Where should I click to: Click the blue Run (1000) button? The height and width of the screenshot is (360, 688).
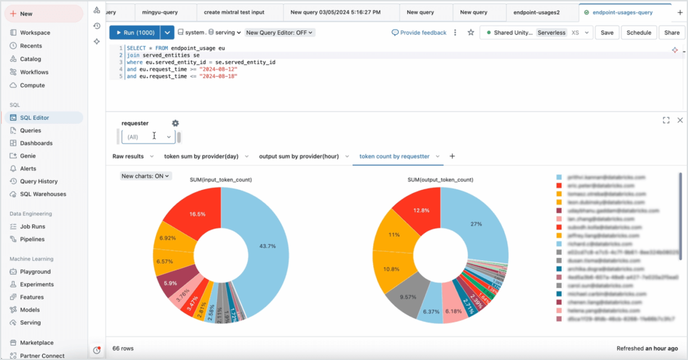[x=134, y=33]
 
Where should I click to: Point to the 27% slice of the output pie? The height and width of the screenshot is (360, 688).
[x=479, y=224]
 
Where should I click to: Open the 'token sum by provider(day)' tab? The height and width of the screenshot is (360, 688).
[x=201, y=156]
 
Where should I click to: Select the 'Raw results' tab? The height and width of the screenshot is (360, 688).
[x=128, y=156]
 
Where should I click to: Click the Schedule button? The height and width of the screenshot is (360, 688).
[x=639, y=33]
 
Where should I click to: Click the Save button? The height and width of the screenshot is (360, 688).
[x=607, y=33]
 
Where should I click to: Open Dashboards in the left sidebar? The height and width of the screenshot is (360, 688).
[x=36, y=143]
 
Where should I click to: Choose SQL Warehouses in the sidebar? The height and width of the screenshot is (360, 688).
[x=43, y=194]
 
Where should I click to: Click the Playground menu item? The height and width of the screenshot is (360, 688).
[x=35, y=272]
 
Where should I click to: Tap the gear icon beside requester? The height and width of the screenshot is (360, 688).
[x=175, y=123]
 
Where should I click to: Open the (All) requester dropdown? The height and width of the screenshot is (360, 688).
[x=148, y=137]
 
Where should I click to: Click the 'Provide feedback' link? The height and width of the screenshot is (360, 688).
[x=419, y=33]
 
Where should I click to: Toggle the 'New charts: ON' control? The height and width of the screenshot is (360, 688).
[x=146, y=176]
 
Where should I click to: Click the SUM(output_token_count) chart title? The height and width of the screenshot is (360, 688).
[x=440, y=180]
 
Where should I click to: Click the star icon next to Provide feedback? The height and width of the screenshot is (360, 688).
[x=471, y=33]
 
